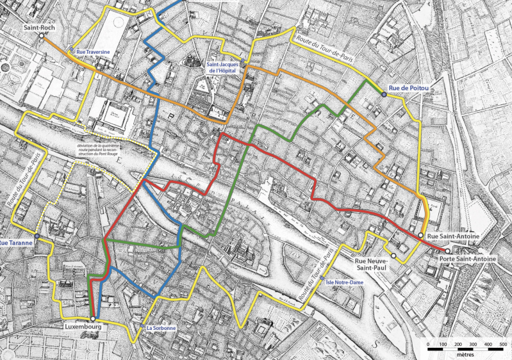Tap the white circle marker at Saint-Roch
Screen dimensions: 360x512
[41, 37]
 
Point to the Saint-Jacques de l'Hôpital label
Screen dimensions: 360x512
[225, 68]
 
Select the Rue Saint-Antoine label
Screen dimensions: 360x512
[453, 236]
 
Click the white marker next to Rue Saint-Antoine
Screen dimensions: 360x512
[421, 236]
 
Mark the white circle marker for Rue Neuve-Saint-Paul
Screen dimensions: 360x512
[393, 257]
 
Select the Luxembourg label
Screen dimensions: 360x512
[83, 326]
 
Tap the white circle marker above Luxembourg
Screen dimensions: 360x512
[93, 318]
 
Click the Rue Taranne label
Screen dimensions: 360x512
[15, 243]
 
